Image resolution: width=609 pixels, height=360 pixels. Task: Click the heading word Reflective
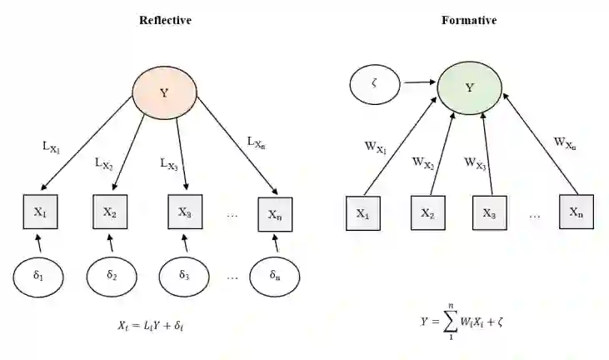(x=165, y=19)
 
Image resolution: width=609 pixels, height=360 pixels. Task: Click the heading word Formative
(x=469, y=19)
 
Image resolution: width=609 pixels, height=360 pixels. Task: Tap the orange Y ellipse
(x=164, y=92)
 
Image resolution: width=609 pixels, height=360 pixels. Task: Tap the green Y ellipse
(x=470, y=87)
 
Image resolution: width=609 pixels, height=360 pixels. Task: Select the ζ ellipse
(x=376, y=82)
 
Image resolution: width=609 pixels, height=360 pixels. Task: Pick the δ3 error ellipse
(x=186, y=274)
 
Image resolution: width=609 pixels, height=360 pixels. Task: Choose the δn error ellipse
(x=275, y=274)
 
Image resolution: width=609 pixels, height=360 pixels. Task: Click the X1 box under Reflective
(x=40, y=212)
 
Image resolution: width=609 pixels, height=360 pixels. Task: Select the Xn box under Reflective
(x=275, y=213)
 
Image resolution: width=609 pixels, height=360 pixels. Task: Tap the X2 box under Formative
(x=427, y=212)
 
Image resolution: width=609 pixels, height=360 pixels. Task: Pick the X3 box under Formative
(x=490, y=212)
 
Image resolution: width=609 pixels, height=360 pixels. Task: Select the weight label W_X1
(x=377, y=148)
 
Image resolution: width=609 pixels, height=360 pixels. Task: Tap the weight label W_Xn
(x=565, y=143)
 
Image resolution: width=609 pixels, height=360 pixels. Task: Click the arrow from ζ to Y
(x=420, y=82)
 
